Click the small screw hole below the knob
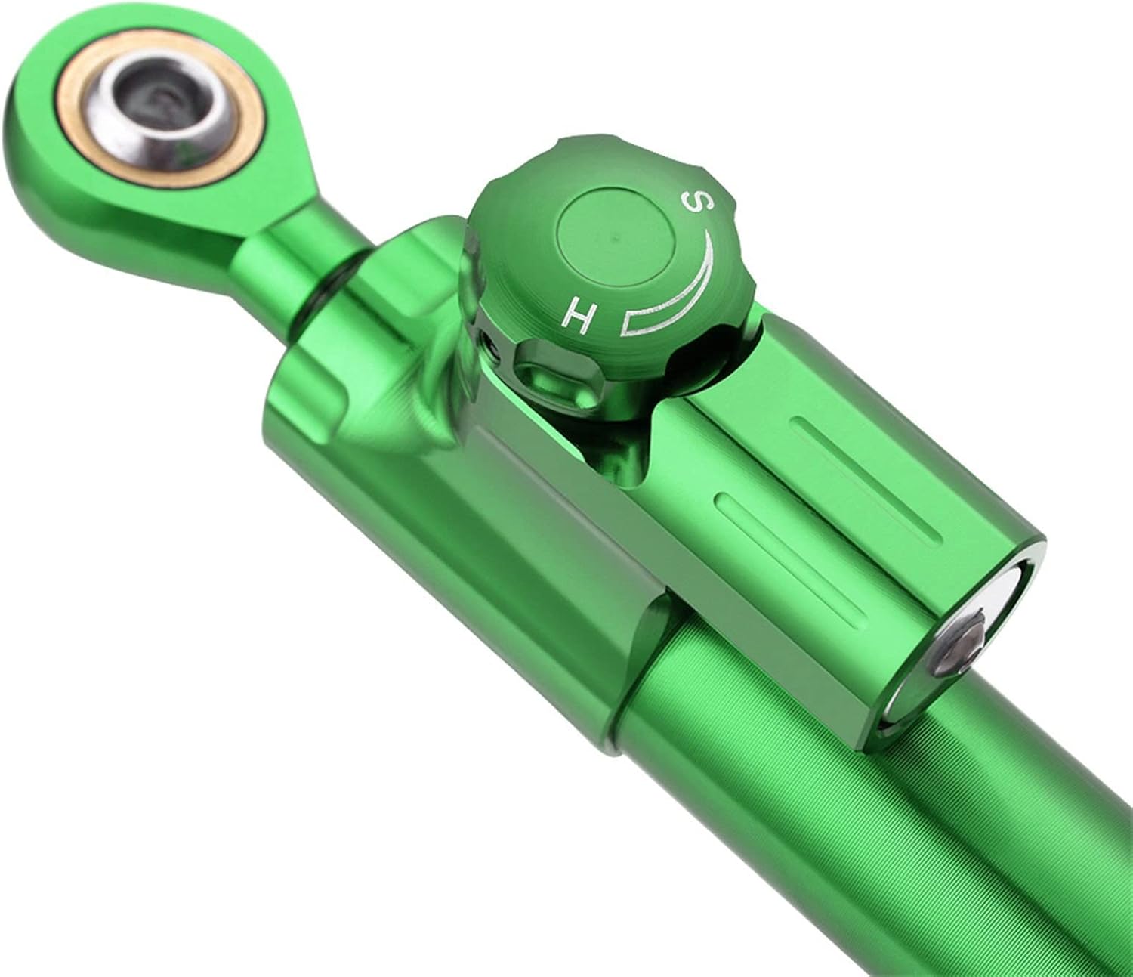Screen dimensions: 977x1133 492,347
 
